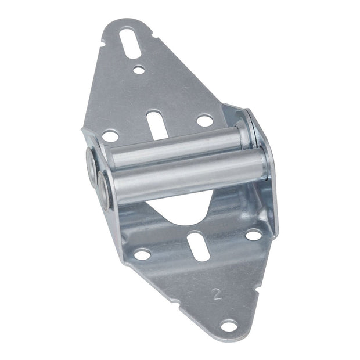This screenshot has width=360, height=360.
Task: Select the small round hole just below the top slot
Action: click(138, 70)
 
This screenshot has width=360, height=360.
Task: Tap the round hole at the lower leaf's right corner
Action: click(253, 235)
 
